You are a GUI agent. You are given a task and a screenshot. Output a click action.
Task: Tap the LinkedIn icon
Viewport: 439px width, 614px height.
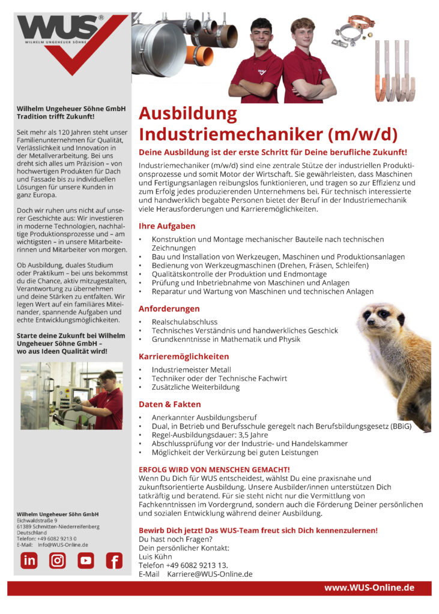pos(29,560)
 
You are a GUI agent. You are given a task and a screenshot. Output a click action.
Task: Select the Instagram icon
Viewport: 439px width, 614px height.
pos(57,560)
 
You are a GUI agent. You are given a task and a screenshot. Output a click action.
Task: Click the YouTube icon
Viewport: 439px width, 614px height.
pos(85,560)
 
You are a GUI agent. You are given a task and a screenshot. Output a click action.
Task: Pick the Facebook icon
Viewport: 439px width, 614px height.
pos(114,560)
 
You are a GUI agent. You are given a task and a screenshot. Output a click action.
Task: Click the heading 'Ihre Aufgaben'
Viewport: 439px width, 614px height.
pos(167,226)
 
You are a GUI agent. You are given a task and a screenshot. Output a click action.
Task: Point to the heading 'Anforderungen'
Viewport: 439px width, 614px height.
pos(169,309)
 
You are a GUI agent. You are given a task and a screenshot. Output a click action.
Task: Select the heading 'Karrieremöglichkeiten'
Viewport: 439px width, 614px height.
pos(184,356)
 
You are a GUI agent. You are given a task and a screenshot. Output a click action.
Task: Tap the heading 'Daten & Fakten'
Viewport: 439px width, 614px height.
pos(170,404)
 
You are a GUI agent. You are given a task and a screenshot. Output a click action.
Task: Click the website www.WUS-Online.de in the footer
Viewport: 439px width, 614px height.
pos(369,588)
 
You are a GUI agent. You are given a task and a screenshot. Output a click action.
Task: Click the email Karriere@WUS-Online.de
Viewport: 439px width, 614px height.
pos(210,574)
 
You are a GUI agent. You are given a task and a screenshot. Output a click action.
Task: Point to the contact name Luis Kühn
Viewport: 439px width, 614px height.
pos(155,556)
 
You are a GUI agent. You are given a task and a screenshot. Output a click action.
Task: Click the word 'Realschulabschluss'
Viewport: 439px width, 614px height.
pos(184,322)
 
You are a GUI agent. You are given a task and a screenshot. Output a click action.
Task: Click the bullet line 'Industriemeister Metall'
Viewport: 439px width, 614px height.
pos(191,369)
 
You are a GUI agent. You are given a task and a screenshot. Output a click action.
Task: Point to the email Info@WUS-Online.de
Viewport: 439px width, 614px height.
pos(63,545)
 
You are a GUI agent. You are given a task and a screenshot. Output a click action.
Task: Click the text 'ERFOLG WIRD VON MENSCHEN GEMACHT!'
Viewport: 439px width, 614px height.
pos(214,469)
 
